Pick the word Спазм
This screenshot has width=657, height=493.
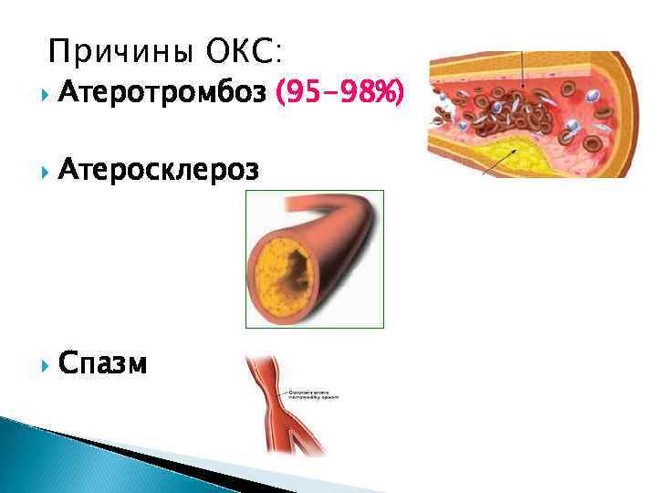click(102, 363)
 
